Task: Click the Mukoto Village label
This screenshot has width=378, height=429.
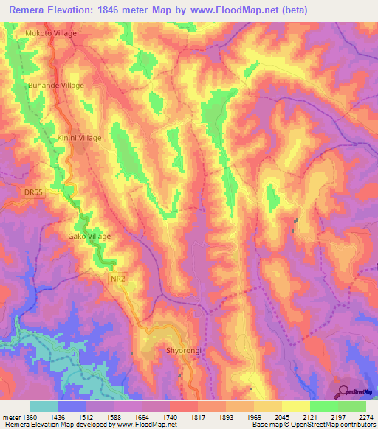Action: click(51, 34)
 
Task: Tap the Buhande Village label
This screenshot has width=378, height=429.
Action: click(56, 86)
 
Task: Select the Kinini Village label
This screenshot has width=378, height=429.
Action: click(80, 138)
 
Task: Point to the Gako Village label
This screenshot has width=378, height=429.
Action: click(85, 236)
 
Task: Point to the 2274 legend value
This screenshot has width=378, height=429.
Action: click(363, 416)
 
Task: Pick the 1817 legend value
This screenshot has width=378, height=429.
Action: click(197, 416)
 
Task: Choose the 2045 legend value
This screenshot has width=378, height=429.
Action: click(280, 416)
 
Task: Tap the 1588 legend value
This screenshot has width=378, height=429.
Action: click(115, 416)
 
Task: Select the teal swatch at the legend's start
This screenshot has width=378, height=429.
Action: click(44, 406)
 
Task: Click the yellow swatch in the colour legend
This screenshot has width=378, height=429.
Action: click(295, 406)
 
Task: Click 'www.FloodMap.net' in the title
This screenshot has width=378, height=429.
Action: click(233, 10)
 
